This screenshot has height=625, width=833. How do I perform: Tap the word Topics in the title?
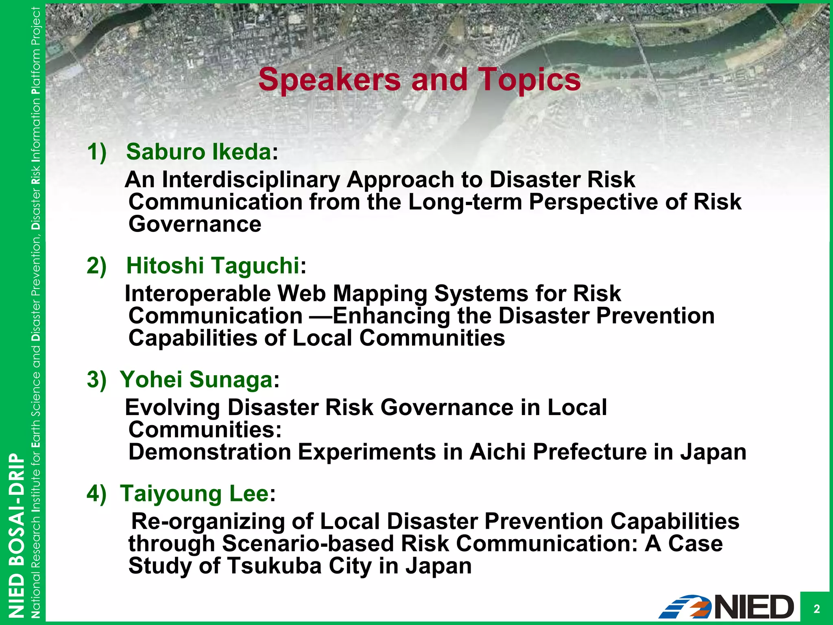pyautogui.click(x=529, y=80)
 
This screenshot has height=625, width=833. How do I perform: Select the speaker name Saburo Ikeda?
pyautogui.click(x=198, y=152)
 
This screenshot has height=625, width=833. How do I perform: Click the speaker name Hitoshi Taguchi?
pyautogui.click(x=213, y=266)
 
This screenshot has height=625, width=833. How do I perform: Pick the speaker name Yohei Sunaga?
pyautogui.click(x=196, y=380)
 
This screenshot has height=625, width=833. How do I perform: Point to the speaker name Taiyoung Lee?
pyautogui.click(x=194, y=494)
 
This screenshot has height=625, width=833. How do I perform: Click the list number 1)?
pyautogui.click(x=97, y=152)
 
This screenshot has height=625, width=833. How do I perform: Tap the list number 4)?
pyautogui.click(x=97, y=494)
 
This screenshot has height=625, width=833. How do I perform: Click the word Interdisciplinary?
pyautogui.click(x=251, y=180)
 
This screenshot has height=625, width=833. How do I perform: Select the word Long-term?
pyautogui.click(x=465, y=202)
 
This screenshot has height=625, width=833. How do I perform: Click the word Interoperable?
pyautogui.click(x=197, y=294)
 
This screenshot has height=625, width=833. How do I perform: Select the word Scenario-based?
pyautogui.click(x=308, y=544)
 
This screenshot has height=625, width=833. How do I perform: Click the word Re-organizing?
pyautogui.click(x=208, y=522)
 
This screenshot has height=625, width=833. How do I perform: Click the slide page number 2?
pyautogui.click(x=816, y=609)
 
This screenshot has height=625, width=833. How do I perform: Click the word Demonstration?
pyautogui.click(x=210, y=452)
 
